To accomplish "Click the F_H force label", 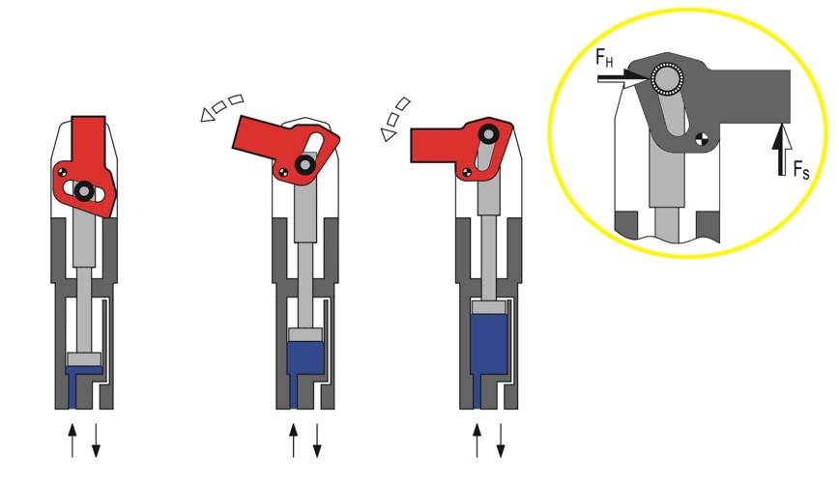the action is pyautogui.click(x=604, y=57).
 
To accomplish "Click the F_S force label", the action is pyautogui.click(x=801, y=170).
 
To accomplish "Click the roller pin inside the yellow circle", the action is pyautogui.click(x=667, y=80).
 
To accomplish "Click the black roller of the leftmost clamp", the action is pyautogui.click(x=84, y=190).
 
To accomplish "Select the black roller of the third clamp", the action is pyautogui.click(x=487, y=133).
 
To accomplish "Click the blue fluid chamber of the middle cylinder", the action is pyautogui.click(x=305, y=358).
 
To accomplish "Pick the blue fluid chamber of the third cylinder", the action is pyautogui.click(x=489, y=345).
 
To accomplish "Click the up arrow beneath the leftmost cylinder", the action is pyautogui.click(x=72, y=440).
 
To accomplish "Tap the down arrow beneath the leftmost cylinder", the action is pyautogui.click(x=96, y=440).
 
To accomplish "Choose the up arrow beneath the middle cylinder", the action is pyautogui.click(x=293, y=440).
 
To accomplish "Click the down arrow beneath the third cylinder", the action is pyautogui.click(x=501, y=440).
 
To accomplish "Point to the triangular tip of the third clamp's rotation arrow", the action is pyautogui.click(x=389, y=134).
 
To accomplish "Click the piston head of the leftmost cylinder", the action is pyautogui.click(x=84, y=359).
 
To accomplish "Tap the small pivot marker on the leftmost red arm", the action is pyautogui.click(x=63, y=172).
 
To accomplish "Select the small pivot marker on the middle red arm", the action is pyautogui.click(x=282, y=172).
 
